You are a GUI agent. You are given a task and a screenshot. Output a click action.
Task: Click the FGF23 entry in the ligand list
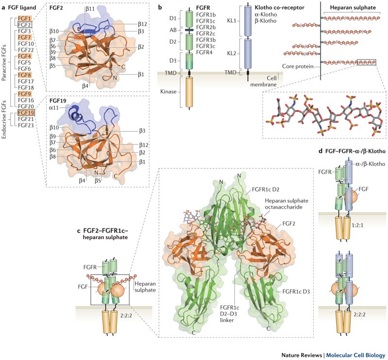click(24, 125)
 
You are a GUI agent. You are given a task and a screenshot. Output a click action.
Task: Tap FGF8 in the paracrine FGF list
click(24, 75)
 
